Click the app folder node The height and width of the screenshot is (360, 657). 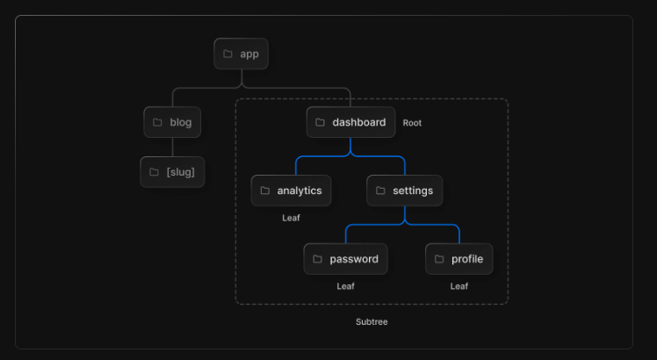tap(242, 54)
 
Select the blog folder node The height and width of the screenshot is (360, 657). tap(172, 122)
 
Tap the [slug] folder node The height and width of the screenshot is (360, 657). tap(172, 171)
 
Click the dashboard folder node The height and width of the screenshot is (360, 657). tap(350, 122)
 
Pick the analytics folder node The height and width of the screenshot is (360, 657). tap(291, 191)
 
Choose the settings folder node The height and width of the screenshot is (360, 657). tap(405, 191)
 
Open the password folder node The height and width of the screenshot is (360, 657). tap(345, 259)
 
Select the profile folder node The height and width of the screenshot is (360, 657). tap(458, 259)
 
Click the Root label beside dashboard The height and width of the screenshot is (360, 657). tap(412, 123)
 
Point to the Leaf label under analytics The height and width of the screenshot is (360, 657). tap(291, 218)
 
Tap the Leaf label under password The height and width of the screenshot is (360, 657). tap(345, 286)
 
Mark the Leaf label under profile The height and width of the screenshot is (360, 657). tap(458, 286)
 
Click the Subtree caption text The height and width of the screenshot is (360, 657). tap(372, 322)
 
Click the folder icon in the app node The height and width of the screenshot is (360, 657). tap(227, 54)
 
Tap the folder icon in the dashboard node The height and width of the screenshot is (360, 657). tap(320, 122)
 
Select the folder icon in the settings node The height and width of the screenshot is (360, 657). tap(380, 191)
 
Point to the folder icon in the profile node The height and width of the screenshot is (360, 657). tap(439, 259)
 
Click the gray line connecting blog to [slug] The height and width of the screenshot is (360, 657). tap(172, 147)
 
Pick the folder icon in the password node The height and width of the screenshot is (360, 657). tap(317, 259)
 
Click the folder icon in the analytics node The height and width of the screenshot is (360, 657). tap(264, 191)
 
